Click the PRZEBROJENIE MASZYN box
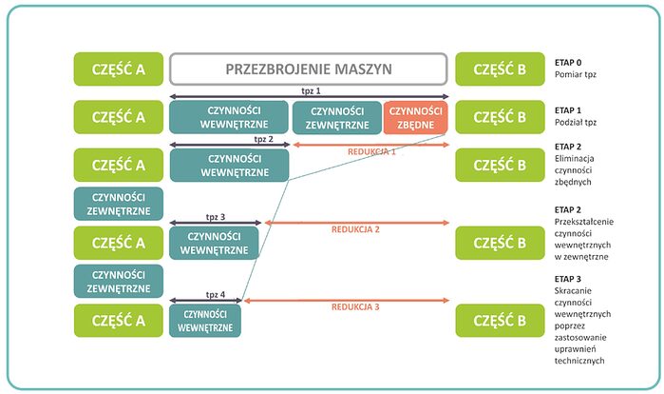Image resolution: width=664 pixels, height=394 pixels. pyautogui.click(x=308, y=69)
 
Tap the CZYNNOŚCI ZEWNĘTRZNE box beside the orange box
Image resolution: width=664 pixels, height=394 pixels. pyautogui.click(x=336, y=117)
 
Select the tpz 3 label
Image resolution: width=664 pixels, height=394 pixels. pyautogui.click(x=216, y=217)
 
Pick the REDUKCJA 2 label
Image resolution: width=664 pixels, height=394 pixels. pyautogui.click(x=356, y=229)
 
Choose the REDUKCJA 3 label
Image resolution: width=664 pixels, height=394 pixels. pyautogui.click(x=356, y=307)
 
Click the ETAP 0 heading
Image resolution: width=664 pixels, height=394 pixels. pyautogui.click(x=568, y=61)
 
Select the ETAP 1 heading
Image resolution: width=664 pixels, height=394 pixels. pyautogui.click(x=568, y=111)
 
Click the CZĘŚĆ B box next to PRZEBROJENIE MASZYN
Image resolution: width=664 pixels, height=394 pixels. pyautogui.click(x=500, y=69)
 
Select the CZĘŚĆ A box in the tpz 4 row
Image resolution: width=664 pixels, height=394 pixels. pyautogui.click(x=119, y=321)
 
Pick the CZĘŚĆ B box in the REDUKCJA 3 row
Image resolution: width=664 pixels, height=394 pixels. pyautogui.click(x=500, y=321)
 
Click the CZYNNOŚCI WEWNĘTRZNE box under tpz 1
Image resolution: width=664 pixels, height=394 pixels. pyautogui.click(x=229, y=117)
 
